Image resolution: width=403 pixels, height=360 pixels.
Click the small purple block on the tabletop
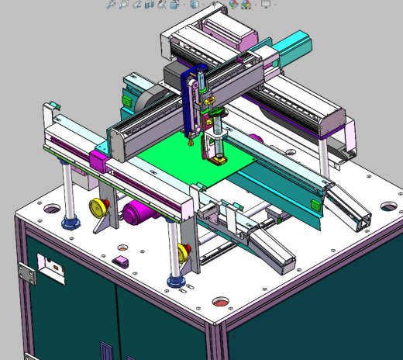pos(119,261)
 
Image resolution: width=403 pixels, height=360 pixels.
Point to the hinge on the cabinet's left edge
pos(26,271)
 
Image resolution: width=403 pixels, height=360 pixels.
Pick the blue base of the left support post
pos(71,223)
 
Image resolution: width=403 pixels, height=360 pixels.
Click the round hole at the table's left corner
pos(51,209)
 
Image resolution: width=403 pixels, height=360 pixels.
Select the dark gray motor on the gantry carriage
pos(174,75)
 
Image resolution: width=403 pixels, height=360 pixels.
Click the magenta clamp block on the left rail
pos(98,161)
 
